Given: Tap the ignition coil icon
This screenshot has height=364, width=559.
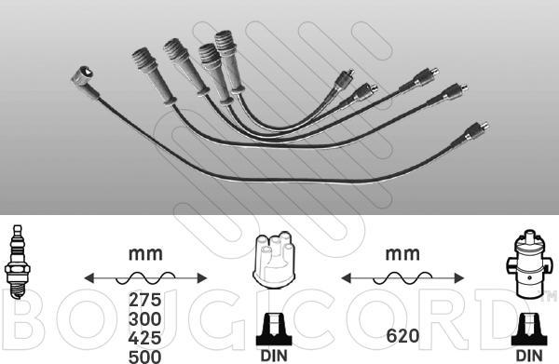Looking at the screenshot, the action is (x=528, y=264).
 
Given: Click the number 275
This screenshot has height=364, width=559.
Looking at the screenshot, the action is (x=144, y=300).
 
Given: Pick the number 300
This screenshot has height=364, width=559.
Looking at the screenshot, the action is (x=144, y=319).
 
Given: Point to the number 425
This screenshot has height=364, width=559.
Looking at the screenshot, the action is (x=144, y=338).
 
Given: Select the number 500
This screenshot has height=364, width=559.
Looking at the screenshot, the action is (x=144, y=357).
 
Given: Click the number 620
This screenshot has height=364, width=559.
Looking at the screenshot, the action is (x=402, y=335).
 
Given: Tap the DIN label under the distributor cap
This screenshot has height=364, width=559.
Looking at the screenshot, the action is (x=274, y=356).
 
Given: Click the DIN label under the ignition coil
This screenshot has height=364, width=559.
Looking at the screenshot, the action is (x=529, y=356).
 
